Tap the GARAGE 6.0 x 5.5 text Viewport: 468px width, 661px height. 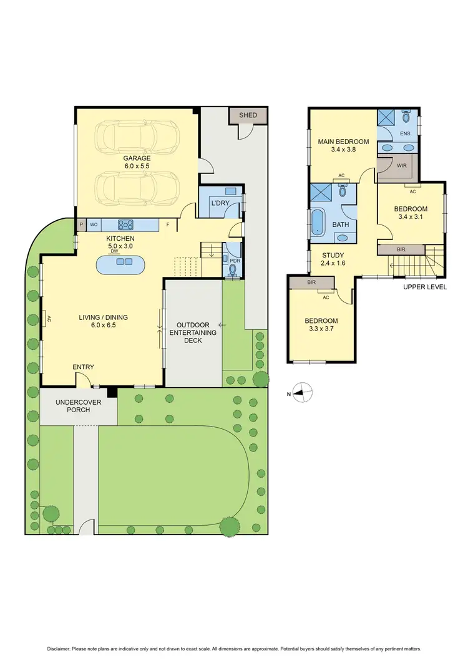(x=136, y=162)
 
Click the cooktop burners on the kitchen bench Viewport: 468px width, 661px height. (x=125, y=224)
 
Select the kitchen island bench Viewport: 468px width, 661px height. (x=122, y=266)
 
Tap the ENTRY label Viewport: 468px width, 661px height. (x=84, y=367)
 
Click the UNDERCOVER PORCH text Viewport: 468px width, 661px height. (x=77, y=406)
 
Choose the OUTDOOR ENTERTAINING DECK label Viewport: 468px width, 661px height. (x=197, y=332)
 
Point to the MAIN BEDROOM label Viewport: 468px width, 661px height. (x=343, y=145)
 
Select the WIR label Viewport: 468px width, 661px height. (x=402, y=166)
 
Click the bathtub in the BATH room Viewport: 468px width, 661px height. (x=318, y=223)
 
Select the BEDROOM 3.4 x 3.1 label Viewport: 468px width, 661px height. (x=411, y=213)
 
